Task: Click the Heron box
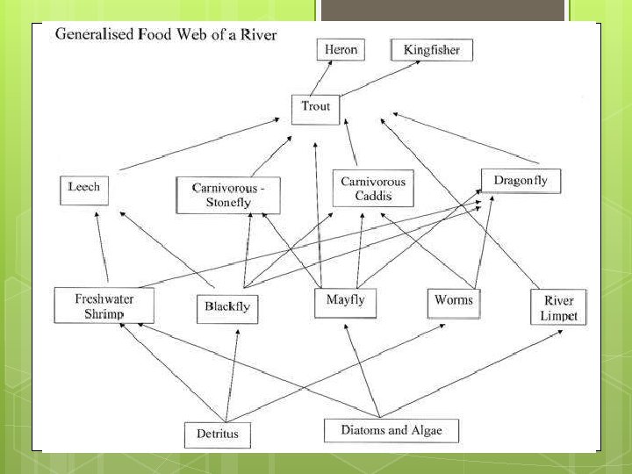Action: [340, 49]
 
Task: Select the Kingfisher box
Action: [431, 50]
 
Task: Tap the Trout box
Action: [315, 107]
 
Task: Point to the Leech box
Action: [84, 188]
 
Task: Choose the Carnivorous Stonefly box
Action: [228, 196]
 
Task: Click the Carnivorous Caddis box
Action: [373, 188]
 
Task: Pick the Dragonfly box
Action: [520, 181]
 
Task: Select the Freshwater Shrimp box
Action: [104, 305]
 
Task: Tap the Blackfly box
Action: [227, 307]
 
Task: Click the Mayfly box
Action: [345, 301]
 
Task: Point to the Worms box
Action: [453, 301]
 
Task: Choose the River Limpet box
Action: [558, 308]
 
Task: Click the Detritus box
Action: [217, 434]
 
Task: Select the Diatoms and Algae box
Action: [391, 430]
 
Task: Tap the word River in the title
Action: [259, 35]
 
